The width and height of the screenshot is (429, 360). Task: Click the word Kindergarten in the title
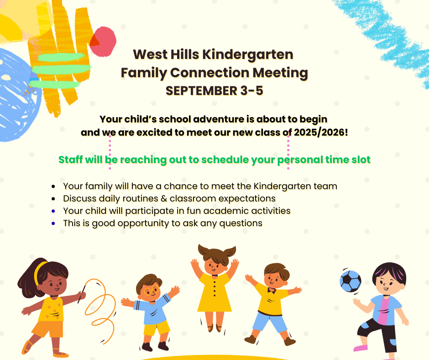click(248, 55)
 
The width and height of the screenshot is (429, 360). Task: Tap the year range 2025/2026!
click(321, 132)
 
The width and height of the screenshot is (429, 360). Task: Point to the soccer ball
click(350, 281)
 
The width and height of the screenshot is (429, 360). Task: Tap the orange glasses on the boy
click(152, 291)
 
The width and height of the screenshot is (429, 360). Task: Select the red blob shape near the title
click(103, 42)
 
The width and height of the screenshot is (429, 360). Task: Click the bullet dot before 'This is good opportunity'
click(53, 223)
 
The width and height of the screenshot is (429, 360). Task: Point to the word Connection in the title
click(209, 73)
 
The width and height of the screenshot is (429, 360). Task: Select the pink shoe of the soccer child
click(361, 348)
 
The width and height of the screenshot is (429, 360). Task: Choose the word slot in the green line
click(361, 159)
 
